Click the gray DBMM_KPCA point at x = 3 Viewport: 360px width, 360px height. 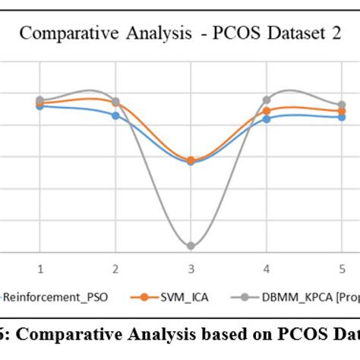point(191,246)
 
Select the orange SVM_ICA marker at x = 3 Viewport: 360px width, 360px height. point(191,160)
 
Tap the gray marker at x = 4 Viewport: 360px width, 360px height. point(266,99)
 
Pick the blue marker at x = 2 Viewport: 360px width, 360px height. point(115,115)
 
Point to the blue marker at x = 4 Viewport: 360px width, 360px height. point(266,119)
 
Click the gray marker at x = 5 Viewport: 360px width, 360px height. point(342,105)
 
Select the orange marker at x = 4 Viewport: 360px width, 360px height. point(266,111)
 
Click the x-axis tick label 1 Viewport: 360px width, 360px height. point(40,268)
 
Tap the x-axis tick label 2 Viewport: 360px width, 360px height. point(115,268)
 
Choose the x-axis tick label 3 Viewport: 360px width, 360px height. point(191,268)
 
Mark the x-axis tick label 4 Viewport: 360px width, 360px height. point(266,268)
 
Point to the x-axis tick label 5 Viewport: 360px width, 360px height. point(342,268)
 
